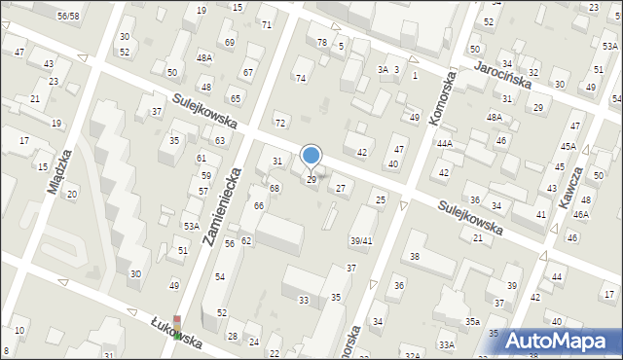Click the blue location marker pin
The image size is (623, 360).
click(x=311, y=156)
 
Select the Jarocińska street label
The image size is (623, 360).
click(x=502, y=75)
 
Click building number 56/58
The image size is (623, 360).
click(x=68, y=17)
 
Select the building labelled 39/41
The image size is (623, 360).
click(x=361, y=240)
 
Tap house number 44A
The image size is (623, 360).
click(x=445, y=143)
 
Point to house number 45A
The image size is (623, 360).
click(x=568, y=147)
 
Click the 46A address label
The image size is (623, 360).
click(x=581, y=214)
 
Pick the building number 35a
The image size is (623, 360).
click(x=472, y=321)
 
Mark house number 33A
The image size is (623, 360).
click(x=446, y=344)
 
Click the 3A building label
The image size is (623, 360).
click(x=383, y=70)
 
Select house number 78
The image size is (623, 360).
click(x=322, y=42)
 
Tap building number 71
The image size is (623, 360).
click(x=267, y=24)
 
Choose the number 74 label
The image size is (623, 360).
click(x=301, y=78)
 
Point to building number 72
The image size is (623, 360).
click(x=280, y=123)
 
